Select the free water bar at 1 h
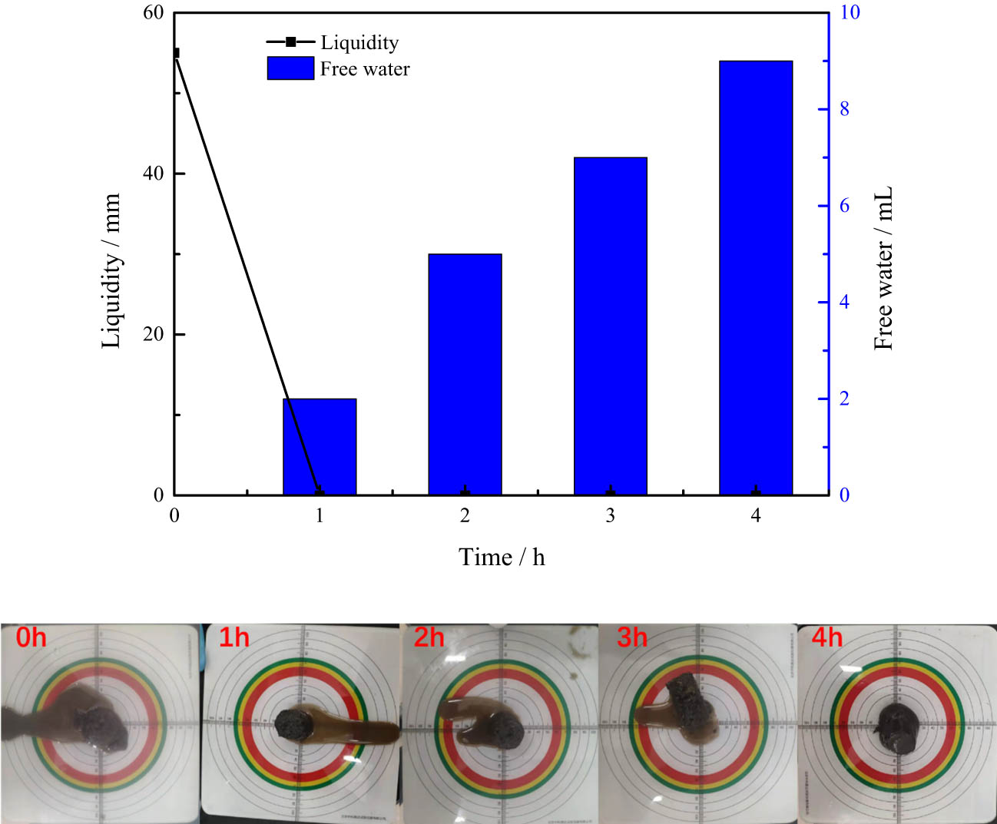click(320, 446)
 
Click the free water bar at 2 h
click(465, 374)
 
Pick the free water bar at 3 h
click(611, 326)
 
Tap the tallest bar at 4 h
click(756, 277)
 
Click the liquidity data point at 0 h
click(175, 53)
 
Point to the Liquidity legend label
click(359, 42)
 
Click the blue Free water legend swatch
click(290, 68)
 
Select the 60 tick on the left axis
click(154, 12)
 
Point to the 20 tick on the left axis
click(154, 334)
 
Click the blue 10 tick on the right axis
click(850, 12)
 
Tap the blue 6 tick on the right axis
click(844, 206)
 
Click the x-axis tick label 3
click(611, 515)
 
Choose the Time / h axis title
click(502, 557)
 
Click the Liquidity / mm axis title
click(111, 271)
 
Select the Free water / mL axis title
click(884, 268)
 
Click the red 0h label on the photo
click(31, 637)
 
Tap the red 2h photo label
click(429, 637)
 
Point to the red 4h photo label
click(826, 637)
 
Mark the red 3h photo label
click(632, 637)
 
